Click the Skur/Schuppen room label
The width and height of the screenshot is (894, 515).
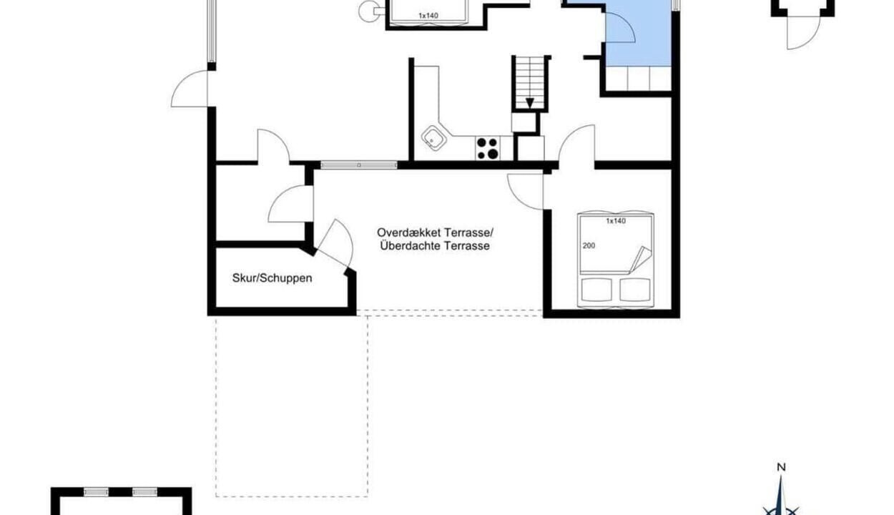pyautogui.click(x=272, y=278)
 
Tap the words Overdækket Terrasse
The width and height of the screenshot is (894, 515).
pyautogui.click(x=434, y=232)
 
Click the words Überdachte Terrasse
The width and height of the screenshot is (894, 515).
pyautogui.click(x=435, y=245)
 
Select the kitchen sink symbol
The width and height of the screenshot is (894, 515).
pyautogui.click(x=434, y=138)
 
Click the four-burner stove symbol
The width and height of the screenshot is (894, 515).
pyautogui.click(x=487, y=148)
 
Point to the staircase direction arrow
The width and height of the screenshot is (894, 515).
pyautogui.click(x=530, y=103)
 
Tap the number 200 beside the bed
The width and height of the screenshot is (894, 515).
pyautogui.click(x=589, y=245)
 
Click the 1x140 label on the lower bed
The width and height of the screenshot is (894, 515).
pyautogui.click(x=616, y=221)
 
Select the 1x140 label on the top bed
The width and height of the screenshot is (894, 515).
pyautogui.click(x=428, y=16)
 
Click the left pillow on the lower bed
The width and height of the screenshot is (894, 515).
pyautogui.click(x=596, y=290)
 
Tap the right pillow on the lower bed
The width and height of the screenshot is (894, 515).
pyautogui.click(x=635, y=290)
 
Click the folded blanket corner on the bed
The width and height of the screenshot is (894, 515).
pyautogui.click(x=640, y=260)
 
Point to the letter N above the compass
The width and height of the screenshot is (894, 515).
pyautogui.click(x=781, y=467)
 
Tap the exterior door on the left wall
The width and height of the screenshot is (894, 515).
pyautogui.click(x=190, y=89)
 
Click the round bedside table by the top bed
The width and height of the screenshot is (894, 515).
pyautogui.click(x=368, y=11)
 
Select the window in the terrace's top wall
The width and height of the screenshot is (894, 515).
pyautogui.click(x=359, y=165)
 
